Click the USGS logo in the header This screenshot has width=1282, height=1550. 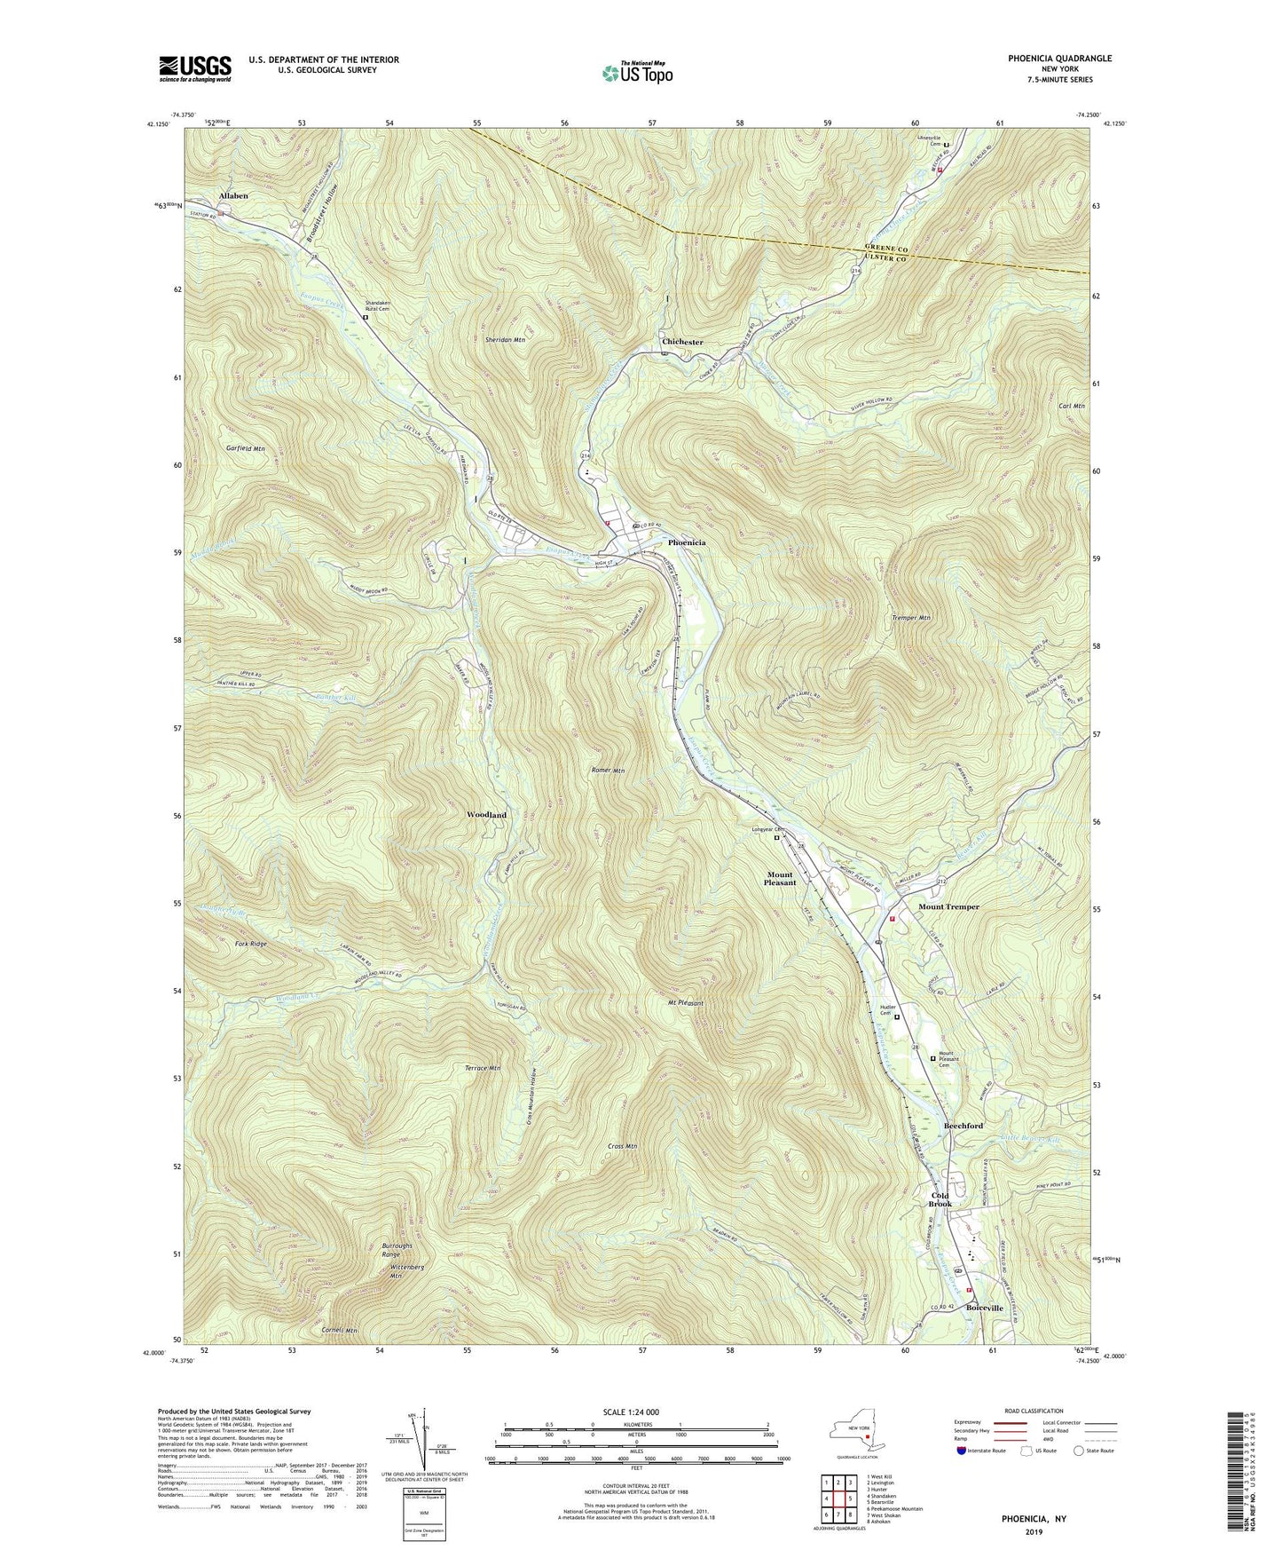click(x=195, y=67)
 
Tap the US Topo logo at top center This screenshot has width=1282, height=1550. click(x=636, y=72)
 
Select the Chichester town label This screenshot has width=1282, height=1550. click(x=682, y=342)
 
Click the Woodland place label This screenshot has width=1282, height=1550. click(x=486, y=814)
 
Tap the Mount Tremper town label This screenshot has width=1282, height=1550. click(x=948, y=906)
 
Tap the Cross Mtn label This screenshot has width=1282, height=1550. click(x=623, y=1146)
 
